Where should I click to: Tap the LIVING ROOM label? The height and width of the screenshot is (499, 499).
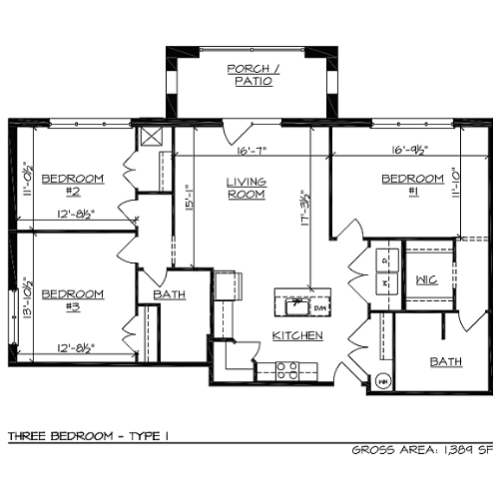(245, 189)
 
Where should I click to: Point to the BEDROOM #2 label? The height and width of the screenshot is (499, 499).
(73, 185)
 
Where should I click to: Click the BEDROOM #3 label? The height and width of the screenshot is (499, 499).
(73, 300)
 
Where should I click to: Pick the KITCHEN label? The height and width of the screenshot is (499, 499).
(297, 335)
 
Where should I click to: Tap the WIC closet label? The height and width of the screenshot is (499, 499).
(427, 280)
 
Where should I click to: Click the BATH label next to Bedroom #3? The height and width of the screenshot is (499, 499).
(170, 294)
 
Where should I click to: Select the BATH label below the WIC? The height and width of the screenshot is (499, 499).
(445, 361)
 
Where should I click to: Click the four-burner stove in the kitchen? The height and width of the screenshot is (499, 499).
(287, 370)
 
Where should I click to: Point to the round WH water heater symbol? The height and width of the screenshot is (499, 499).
(382, 379)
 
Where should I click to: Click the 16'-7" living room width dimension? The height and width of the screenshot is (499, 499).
(250, 152)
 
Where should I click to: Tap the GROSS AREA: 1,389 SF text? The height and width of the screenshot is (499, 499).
(422, 450)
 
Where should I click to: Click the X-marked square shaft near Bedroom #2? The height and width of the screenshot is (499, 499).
(153, 137)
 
